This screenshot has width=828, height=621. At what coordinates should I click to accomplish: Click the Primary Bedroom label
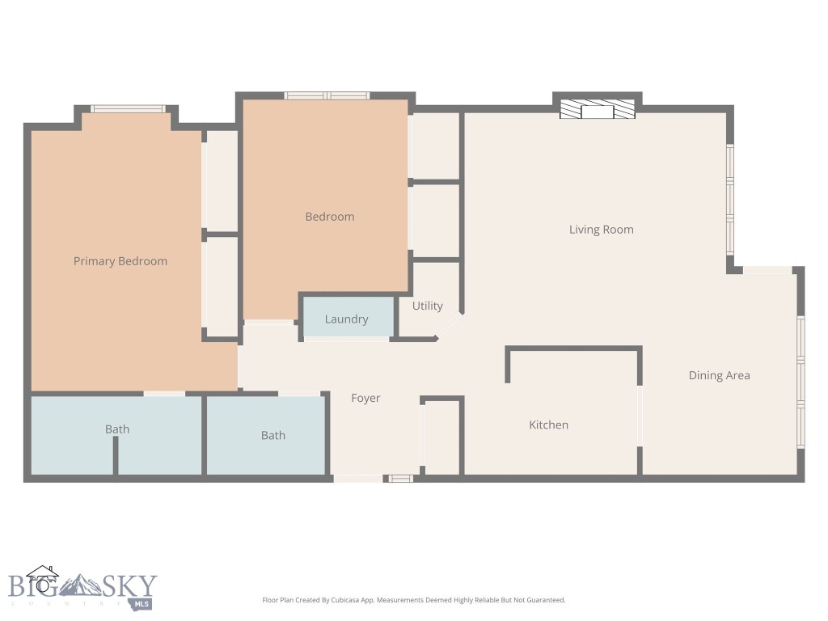click(120, 261)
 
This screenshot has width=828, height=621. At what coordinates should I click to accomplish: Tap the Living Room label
click(601, 230)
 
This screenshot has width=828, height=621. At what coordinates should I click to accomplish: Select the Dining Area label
click(719, 375)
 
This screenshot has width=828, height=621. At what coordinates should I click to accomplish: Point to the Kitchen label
click(548, 425)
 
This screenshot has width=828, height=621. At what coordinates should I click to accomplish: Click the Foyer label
click(365, 398)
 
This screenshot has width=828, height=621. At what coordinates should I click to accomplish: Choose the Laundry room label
click(346, 319)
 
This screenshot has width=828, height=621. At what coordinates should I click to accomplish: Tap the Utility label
click(427, 306)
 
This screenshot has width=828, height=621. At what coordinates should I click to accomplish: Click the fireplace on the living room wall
click(598, 110)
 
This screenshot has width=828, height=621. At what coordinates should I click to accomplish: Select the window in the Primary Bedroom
click(128, 109)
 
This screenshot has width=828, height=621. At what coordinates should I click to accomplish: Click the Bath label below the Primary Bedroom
click(117, 429)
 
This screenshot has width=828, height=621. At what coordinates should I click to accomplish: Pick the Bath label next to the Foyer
click(273, 435)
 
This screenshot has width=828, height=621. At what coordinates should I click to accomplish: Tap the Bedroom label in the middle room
click(329, 217)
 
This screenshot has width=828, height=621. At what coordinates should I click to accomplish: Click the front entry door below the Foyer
click(357, 479)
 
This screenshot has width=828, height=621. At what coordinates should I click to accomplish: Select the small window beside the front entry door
click(400, 479)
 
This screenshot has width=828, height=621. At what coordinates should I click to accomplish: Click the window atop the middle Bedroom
click(327, 95)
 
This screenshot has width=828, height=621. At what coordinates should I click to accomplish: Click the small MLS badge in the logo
click(142, 603)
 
